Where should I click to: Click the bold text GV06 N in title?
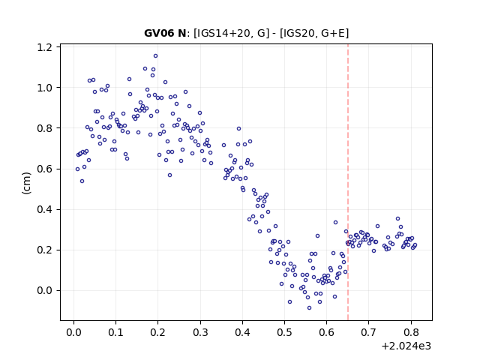[x=165, y=33]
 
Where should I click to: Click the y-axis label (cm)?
[x=26, y=183]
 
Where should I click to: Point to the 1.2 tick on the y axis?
[x=44, y=47]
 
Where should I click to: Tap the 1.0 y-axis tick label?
[x=44, y=88]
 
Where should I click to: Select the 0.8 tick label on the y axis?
[x=44, y=128]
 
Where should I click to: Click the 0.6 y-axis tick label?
[x=44, y=169]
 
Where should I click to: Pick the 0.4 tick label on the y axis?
[x=44, y=210]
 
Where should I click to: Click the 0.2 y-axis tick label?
[x=44, y=250]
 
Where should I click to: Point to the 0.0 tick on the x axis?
[x=73, y=332]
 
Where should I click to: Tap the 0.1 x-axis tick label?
[x=115, y=332]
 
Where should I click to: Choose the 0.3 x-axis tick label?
[x=200, y=332]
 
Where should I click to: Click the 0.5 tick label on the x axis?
[x=284, y=332]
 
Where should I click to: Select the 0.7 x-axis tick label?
[x=368, y=332]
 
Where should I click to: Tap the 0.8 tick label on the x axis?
[x=411, y=332]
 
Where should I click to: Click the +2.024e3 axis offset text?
[x=406, y=346]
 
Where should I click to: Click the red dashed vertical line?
[x=348, y=182]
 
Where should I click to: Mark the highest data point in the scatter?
[x=155, y=56]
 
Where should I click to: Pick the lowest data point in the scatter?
[x=309, y=308]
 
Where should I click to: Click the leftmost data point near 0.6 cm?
[x=77, y=169]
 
